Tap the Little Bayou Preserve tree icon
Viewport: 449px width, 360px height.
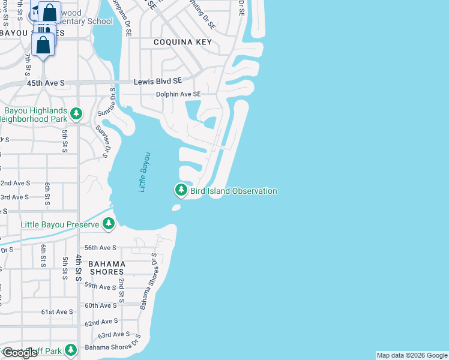point(108,224)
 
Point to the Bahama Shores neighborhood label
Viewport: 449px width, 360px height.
point(106,268)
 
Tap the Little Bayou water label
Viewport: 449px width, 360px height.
point(143,172)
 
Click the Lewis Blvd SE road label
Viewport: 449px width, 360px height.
point(157,81)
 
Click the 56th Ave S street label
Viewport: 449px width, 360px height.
point(100,247)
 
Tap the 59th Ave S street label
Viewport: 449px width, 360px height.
point(100,287)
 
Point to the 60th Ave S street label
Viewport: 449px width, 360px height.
point(100,305)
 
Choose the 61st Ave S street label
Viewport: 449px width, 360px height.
point(56,312)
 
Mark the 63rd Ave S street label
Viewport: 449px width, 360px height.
point(114,334)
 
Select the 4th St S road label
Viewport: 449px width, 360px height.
point(78,267)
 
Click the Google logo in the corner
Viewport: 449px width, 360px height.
point(20,353)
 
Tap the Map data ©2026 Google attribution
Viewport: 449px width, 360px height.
point(412,355)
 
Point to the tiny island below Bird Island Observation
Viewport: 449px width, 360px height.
point(176,208)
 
